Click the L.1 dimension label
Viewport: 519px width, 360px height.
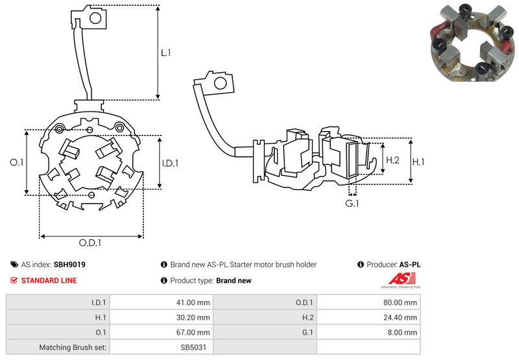point(166,53)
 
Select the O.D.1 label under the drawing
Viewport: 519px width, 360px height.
point(91,243)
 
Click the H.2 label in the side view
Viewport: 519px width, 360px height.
point(392,160)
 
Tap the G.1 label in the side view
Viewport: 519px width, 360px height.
point(352,204)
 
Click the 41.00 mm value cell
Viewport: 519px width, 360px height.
point(194,302)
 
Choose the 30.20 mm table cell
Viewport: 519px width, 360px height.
point(194,317)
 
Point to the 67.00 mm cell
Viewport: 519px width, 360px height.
point(194,332)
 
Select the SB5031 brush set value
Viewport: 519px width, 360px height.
point(195,347)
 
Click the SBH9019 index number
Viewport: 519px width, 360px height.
point(69,265)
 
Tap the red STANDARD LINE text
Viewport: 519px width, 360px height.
point(49,280)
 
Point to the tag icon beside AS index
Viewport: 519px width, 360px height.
point(14,265)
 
